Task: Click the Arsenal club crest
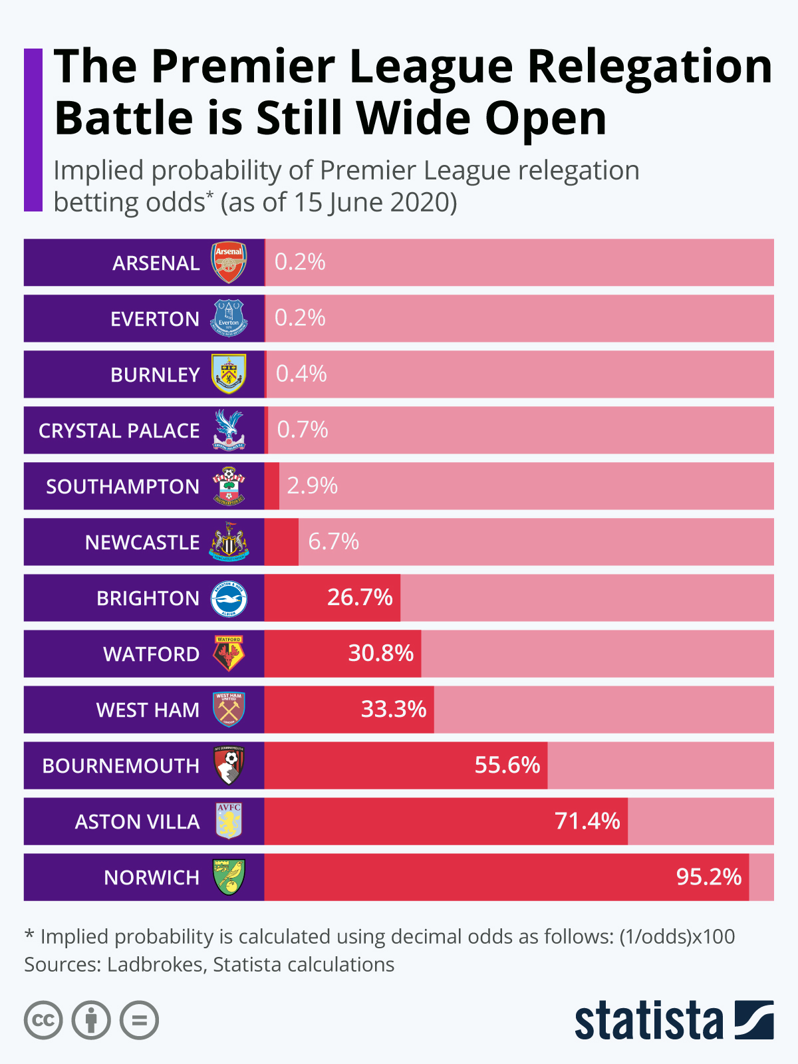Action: pos(229,262)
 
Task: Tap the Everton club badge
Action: pos(229,318)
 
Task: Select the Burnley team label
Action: pos(155,374)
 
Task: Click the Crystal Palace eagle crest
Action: pos(229,430)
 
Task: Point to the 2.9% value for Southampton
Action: pos(312,485)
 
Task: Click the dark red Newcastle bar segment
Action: pos(281,542)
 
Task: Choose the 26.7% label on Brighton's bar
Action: pos(360,597)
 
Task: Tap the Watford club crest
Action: pos(229,653)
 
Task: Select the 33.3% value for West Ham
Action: pos(393,709)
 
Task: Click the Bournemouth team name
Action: pos(121,765)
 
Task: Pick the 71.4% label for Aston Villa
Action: pos(587,821)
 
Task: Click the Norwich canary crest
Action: pos(229,876)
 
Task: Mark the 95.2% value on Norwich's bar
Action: pos(708,876)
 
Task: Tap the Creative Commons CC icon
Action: pos(43,1020)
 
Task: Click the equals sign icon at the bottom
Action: pos(139,1020)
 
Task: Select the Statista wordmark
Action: pos(648,1021)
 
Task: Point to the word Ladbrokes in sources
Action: pos(155,964)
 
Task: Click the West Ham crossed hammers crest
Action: pos(229,709)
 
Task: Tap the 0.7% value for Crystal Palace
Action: pos(303,430)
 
